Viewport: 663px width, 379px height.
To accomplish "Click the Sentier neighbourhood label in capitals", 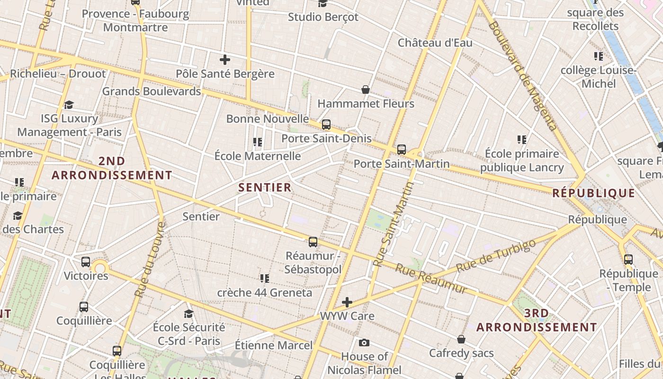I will click(x=265, y=188).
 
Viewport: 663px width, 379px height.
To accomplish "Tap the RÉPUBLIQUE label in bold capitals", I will click(x=593, y=193).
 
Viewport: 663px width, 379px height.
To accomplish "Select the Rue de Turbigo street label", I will click(x=496, y=256).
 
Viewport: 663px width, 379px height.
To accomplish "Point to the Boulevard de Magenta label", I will click(x=522, y=75).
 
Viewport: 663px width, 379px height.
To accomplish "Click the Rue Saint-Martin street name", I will click(x=393, y=224).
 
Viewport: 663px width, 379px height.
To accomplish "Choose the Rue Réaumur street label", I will click(x=431, y=279).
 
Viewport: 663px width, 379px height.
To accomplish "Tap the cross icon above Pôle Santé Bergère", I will click(x=225, y=60).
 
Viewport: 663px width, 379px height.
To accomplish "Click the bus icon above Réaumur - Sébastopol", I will click(x=313, y=242).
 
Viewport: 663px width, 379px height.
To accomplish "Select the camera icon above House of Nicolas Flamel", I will click(x=364, y=343).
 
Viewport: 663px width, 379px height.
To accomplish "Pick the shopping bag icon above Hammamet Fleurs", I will click(x=366, y=90).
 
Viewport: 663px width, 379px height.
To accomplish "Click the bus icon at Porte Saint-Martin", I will click(x=402, y=150).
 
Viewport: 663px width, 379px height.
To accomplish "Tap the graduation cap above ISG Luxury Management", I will click(x=69, y=105).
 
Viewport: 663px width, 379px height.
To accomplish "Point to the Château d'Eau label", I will click(x=435, y=43).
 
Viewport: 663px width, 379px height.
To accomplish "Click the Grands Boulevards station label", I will click(x=152, y=91).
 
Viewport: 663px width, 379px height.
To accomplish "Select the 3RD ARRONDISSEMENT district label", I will click(x=537, y=320).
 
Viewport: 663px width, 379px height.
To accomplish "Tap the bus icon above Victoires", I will click(x=86, y=262).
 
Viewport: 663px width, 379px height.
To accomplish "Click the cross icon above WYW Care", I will click(x=347, y=302).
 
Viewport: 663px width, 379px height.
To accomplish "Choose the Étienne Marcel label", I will click(x=274, y=345).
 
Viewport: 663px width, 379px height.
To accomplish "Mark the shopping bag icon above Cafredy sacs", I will click(x=461, y=339).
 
